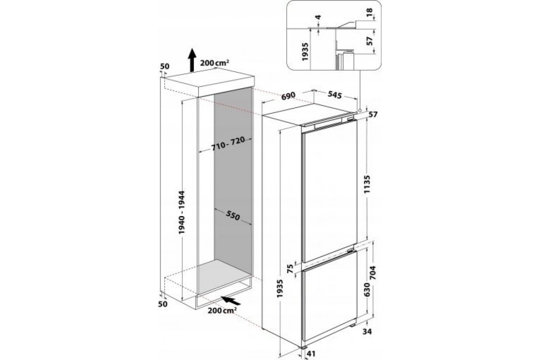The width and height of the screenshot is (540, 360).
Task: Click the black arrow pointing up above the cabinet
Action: click(192, 60)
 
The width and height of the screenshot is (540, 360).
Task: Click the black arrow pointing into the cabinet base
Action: click(231, 301)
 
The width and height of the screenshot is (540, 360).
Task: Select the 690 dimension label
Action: click(288, 96)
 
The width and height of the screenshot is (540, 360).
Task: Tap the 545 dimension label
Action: click(335, 94)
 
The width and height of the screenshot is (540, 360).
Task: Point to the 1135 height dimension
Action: click(367, 184)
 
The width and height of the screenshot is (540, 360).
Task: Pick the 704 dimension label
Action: click(373, 272)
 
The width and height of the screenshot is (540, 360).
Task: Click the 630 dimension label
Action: click(366, 290)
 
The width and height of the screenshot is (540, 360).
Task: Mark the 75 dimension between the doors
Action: click(291, 269)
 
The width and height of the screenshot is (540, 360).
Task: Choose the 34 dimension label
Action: click(367, 332)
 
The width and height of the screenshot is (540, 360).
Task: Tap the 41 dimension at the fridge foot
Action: click(311, 354)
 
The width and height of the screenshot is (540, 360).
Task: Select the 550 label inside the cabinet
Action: click(233, 215)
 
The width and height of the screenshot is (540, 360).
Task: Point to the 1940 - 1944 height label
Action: click(181, 212)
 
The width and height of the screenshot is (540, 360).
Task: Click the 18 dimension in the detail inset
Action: click(369, 12)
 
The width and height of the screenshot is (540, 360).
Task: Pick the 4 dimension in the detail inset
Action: click(319, 18)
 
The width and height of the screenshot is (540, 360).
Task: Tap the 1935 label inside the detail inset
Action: click(305, 52)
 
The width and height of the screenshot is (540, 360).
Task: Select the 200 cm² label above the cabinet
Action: click(214, 63)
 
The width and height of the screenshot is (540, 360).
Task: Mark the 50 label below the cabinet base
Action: click(163, 304)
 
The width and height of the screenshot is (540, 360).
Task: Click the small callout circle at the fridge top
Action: click(360, 110)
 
